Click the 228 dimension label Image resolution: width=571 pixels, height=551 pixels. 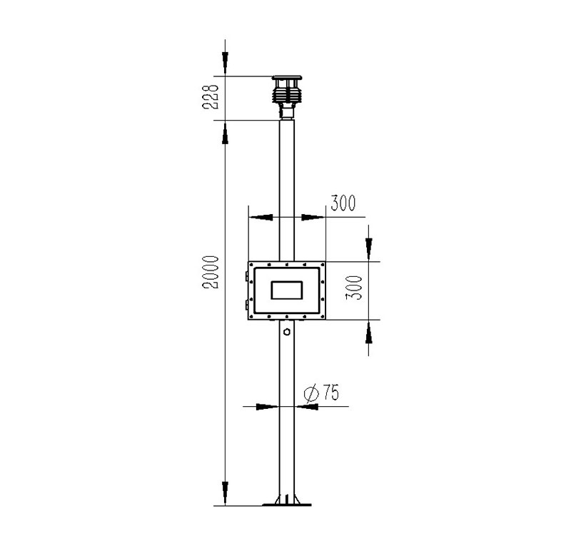(210, 97)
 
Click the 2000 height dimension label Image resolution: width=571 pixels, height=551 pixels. (211, 272)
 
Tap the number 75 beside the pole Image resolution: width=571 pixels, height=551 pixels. (331, 393)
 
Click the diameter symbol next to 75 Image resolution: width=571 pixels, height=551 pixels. (311, 394)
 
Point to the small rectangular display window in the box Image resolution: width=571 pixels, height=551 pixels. (287, 290)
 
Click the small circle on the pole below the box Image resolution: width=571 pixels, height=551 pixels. (287, 332)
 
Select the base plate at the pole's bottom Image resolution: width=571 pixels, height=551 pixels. (287, 505)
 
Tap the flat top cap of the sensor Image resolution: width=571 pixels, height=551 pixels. (287, 78)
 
